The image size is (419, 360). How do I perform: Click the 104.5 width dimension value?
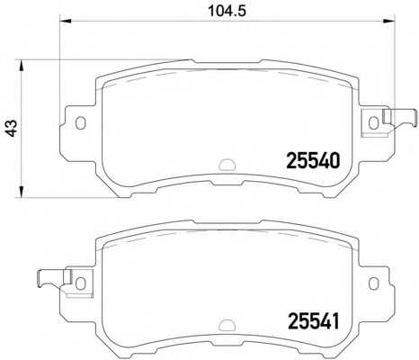[x=227, y=11]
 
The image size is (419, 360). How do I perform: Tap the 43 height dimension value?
[x=12, y=128]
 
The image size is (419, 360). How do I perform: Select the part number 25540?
[x=314, y=160]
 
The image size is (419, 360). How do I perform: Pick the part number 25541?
[x=314, y=321]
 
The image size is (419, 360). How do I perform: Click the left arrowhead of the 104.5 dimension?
[x=66, y=21]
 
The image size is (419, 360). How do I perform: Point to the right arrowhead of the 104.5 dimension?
[x=389, y=21]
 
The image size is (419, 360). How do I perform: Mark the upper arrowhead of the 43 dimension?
[x=21, y=66]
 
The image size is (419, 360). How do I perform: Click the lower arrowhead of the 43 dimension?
[x=21, y=192]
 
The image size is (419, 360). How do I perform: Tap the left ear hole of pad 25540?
[x=80, y=122]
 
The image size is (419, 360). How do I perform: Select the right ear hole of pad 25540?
[x=373, y=122]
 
